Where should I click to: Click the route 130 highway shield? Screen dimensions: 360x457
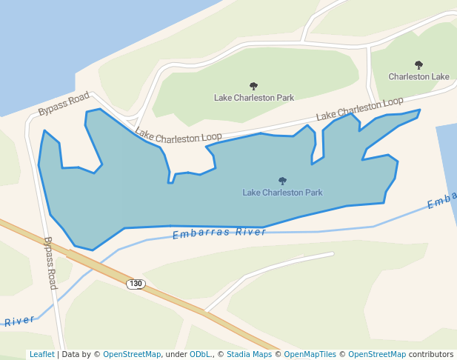point(135,284)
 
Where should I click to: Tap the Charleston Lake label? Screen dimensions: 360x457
point(418,76)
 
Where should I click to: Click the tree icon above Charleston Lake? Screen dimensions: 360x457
point(418,65)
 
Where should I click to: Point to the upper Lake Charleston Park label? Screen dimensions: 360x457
point(254,97)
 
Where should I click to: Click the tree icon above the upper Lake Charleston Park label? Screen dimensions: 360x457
point(254,86)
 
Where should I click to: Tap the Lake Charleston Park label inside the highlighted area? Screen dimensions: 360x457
point(282,192)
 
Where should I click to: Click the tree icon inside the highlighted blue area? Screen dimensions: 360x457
point(282,181)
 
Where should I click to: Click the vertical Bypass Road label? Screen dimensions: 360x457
point(50,262)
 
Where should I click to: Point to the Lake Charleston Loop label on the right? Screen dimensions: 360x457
point(360,109)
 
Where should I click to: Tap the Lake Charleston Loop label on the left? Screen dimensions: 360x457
point(179,136)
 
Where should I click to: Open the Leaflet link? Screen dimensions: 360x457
point(41,354)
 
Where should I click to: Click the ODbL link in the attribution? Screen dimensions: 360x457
point(200,354)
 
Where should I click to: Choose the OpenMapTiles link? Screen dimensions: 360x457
point(310,354)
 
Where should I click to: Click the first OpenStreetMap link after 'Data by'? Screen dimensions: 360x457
point(132,354)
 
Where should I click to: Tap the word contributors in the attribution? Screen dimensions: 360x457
point(431,354)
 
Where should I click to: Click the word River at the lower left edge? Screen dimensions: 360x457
point(19,321)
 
